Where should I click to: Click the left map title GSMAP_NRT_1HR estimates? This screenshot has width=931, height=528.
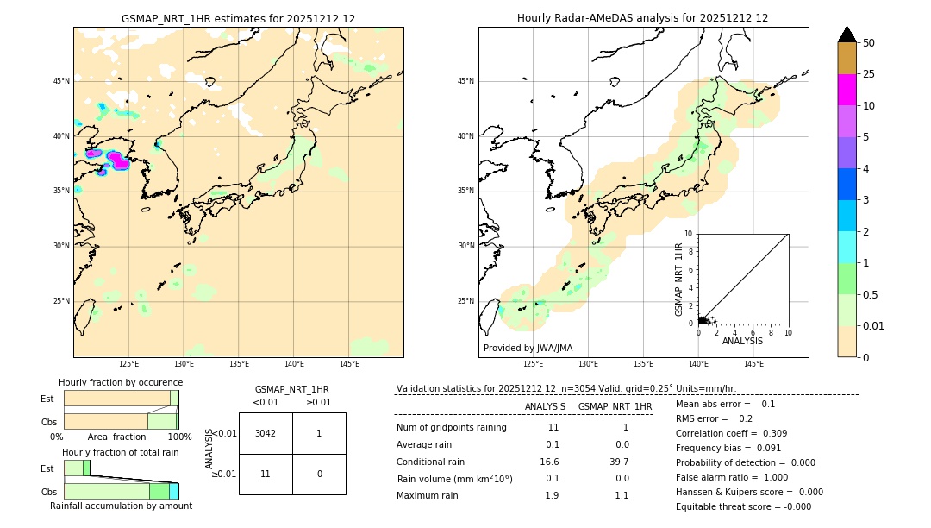tap(238, 18)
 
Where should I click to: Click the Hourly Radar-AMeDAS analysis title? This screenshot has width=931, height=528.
tap(642, 18)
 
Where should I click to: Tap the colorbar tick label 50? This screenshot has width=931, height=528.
tap(869, 43)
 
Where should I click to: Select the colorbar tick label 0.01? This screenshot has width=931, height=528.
tap(874, 326)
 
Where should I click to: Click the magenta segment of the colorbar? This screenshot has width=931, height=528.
tap(847, 90)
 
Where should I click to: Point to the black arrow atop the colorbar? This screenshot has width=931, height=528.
tap(847, 35)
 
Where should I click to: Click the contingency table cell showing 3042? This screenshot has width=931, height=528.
tap(266, 433)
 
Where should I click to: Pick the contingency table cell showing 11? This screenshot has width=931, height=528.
tap(266, 474)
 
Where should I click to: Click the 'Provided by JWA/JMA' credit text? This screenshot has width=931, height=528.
tap(528, 349)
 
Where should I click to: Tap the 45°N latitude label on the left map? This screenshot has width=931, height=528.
tap(61, 81)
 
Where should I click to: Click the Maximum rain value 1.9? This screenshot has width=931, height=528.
tap(552, 495)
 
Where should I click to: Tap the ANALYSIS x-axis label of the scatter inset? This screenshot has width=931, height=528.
tap(742, 341)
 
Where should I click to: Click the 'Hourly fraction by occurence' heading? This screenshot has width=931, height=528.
tap(121, 382)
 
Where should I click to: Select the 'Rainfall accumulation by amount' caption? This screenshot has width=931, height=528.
tap(121, 506)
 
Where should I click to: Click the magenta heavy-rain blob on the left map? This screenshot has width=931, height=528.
tap(118, 160)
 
